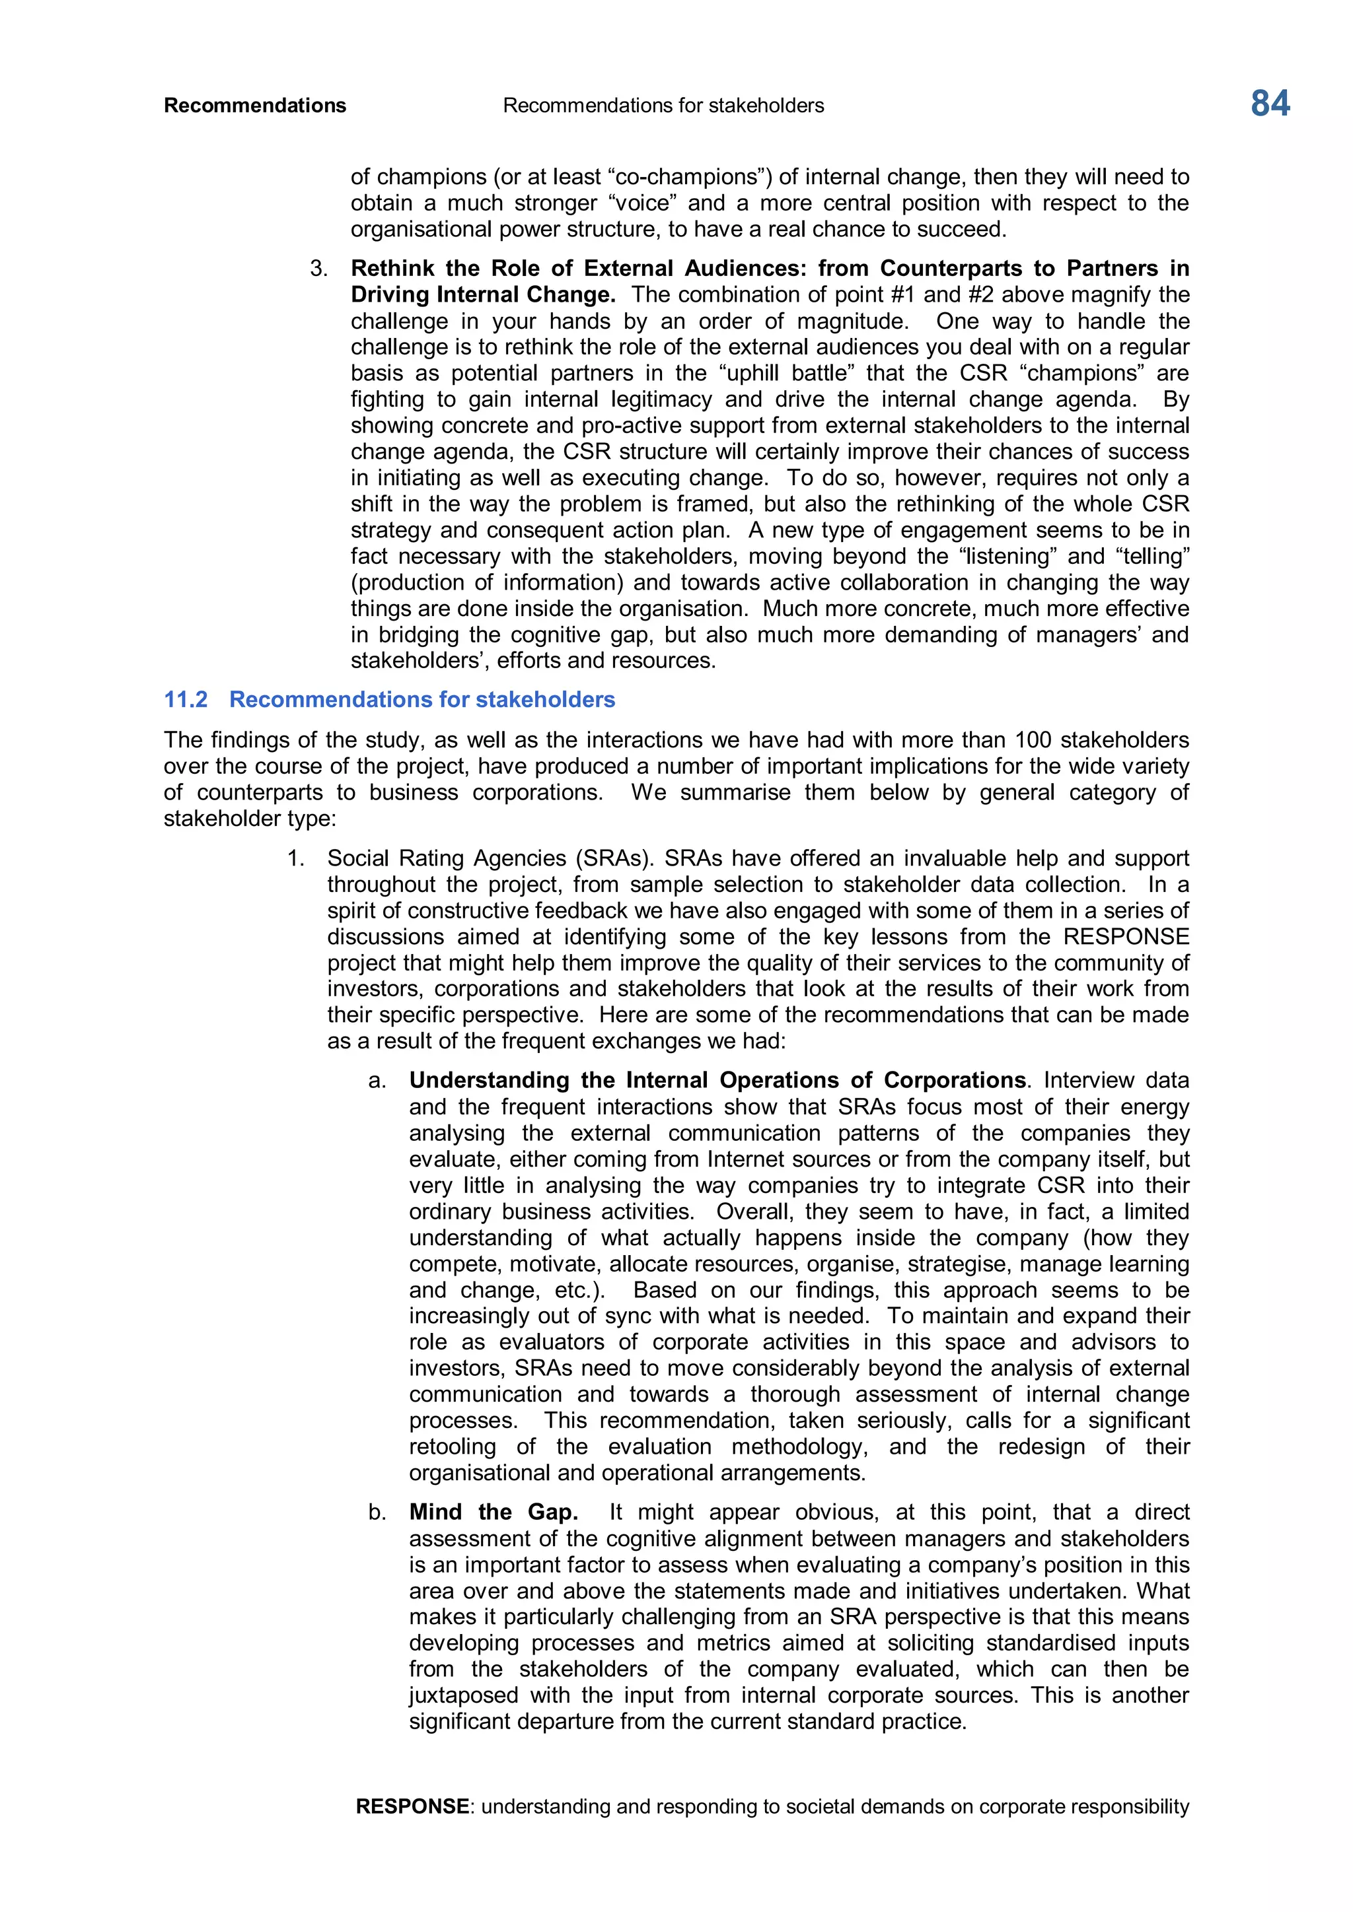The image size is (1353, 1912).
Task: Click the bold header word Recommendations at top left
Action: coord(255,106)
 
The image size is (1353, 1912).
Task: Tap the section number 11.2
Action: coord(185,700)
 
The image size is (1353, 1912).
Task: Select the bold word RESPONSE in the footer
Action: coord(412,1806)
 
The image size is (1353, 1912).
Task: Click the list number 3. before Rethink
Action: coord(318,269)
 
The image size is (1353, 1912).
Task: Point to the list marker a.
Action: coord(377,1081)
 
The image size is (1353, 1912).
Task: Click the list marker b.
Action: coord(377,1513)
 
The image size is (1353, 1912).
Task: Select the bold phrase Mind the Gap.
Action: coord(494,1513)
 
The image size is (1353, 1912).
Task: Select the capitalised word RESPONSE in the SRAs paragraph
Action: coord(1126,937)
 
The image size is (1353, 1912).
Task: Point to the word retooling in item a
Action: coord(453,1447)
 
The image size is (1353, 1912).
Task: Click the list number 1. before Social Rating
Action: coord(296,858)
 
